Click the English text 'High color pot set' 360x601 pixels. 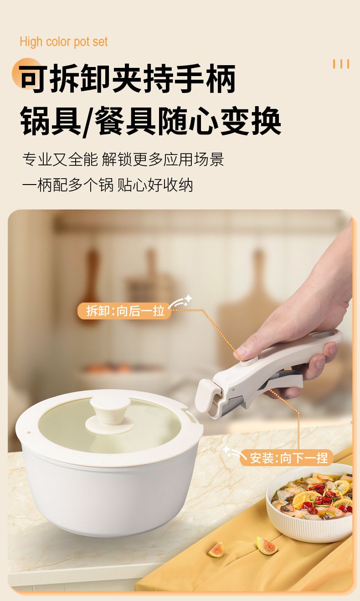click(x=64, y=42)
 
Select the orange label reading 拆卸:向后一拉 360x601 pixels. click(x=124, y=311)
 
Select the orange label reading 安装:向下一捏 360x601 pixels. click(x=287, y=457)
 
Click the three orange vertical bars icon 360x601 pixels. click(x=341, y=64)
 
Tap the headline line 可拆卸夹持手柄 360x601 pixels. click(x=127, y=78)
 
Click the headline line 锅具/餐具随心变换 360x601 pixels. click(x=150, y=121)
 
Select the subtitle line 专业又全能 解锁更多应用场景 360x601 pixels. click(x=123, y=159)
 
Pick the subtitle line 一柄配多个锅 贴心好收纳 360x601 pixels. click(x=108, y=185)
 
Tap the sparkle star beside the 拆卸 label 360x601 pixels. click(x=188, y=298)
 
